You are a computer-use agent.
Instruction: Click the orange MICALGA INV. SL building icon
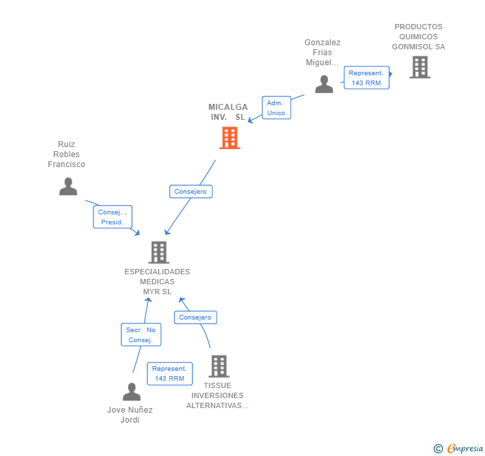229,138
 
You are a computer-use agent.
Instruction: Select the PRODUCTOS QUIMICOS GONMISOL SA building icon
420,67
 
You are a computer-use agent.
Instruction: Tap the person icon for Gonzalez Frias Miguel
324,85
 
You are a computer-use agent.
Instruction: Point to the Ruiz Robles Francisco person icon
68,186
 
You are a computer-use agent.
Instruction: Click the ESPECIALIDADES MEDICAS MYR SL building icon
159,252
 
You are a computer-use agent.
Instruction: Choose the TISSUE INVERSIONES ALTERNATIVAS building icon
219,366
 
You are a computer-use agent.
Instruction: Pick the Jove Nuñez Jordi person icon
132,392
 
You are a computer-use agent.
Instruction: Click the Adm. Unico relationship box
276,108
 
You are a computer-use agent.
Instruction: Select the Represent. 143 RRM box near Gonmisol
366,78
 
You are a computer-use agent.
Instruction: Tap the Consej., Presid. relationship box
113,217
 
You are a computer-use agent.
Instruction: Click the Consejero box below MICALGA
191,192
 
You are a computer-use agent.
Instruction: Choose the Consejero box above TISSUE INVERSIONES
195,318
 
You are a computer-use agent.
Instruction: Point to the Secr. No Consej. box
141,335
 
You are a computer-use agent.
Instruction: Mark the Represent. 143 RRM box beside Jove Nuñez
170,373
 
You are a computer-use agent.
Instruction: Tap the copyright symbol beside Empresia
438,449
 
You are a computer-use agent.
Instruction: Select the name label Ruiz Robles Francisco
67,154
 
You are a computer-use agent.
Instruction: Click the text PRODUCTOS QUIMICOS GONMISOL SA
418,37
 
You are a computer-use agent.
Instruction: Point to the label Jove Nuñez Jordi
130,415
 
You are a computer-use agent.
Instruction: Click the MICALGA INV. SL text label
228,112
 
